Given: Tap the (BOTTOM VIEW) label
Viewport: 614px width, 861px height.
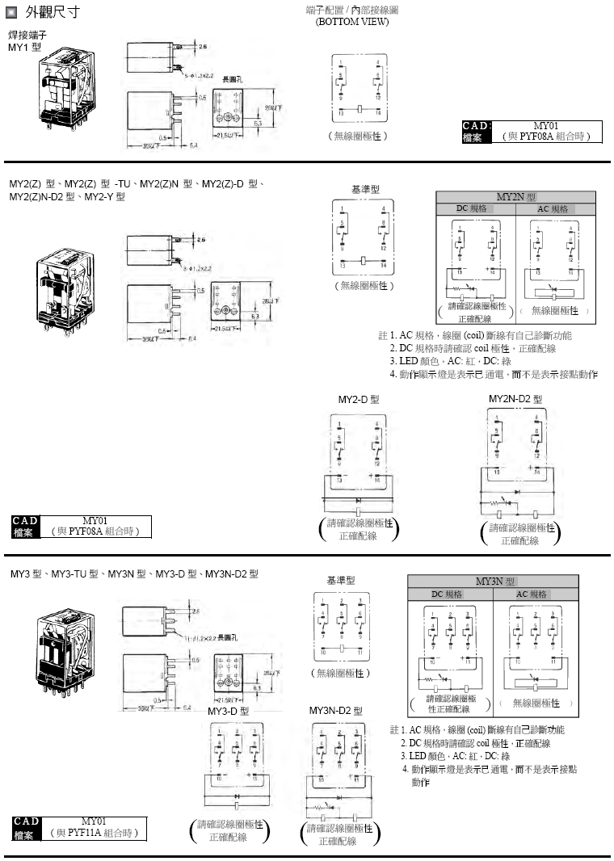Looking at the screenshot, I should [x=351, y=22].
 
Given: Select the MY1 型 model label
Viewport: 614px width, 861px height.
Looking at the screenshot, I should [x=24, y=48].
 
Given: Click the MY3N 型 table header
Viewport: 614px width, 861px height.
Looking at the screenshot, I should [x=493, y=581].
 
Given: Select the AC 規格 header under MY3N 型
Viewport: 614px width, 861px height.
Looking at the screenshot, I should [x=534, y=594].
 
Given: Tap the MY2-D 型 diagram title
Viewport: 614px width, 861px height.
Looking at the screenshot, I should [x=358, y=400].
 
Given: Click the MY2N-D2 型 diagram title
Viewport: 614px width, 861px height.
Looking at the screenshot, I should [x=515, y=399].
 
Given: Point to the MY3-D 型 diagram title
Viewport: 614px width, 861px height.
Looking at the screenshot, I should [x=228, y=711].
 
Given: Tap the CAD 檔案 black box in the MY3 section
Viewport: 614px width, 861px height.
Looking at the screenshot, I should [x=27, y=828].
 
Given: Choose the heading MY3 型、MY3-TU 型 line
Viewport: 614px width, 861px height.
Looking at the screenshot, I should [x=134, y=573].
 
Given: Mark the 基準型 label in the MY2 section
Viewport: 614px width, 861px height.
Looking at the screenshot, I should [x=365, y=189].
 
